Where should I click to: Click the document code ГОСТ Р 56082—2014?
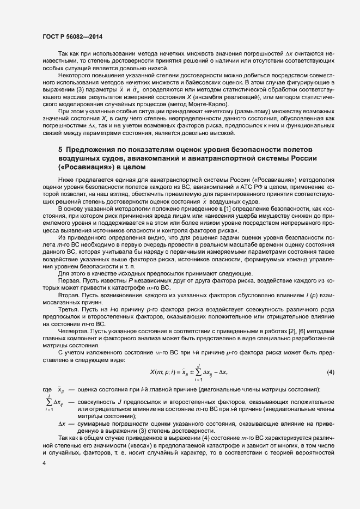coord(72,37)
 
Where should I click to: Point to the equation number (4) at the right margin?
coord(330,372)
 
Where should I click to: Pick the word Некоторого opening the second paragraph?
coord(75,73)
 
